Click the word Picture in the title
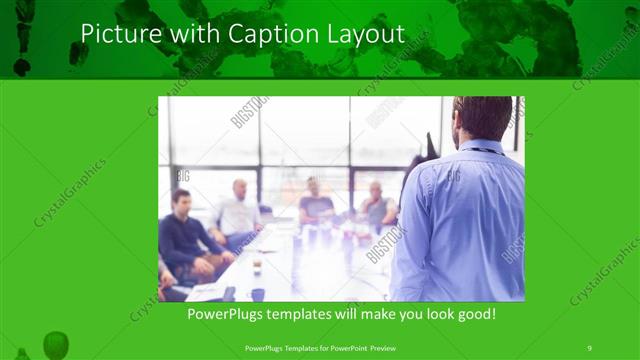pyautogui.click(x=115, y=33)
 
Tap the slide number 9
pyautogui.click(x=589, y=347)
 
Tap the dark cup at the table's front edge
pyautogui.click(x=257, y=294)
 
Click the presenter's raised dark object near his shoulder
pyautogui.click(x=431, y=146)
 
